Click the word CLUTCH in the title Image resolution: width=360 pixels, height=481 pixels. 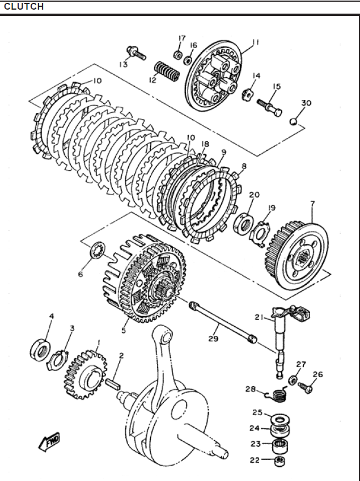point(23,7)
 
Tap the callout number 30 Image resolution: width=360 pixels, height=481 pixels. point(306,103)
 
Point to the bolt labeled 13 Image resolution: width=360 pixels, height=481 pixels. point(135,53)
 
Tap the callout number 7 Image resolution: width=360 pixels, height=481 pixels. point(312,204)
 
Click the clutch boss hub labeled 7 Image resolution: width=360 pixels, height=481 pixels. point(298,252)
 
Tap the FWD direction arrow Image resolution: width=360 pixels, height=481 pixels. point(50,441)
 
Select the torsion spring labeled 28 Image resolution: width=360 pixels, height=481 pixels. point(279,393)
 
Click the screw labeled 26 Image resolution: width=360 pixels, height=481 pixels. point(306,388)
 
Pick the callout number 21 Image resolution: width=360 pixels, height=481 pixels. point(259,318)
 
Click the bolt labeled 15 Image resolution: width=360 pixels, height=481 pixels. point(269,107)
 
